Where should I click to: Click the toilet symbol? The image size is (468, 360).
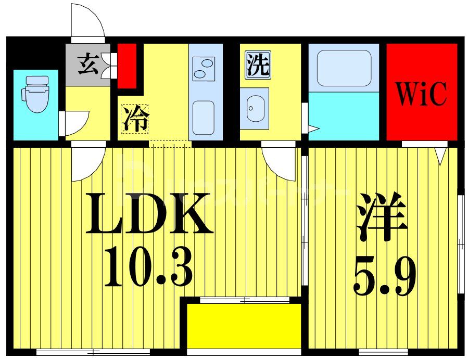[x=35, y=94]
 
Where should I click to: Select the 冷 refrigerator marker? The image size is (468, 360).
[x=135, y=119]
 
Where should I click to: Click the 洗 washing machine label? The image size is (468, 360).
[x=258, y=66]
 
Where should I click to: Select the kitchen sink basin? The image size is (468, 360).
[x=204, y=117]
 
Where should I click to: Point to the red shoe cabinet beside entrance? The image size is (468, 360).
[x=127, y=66]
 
